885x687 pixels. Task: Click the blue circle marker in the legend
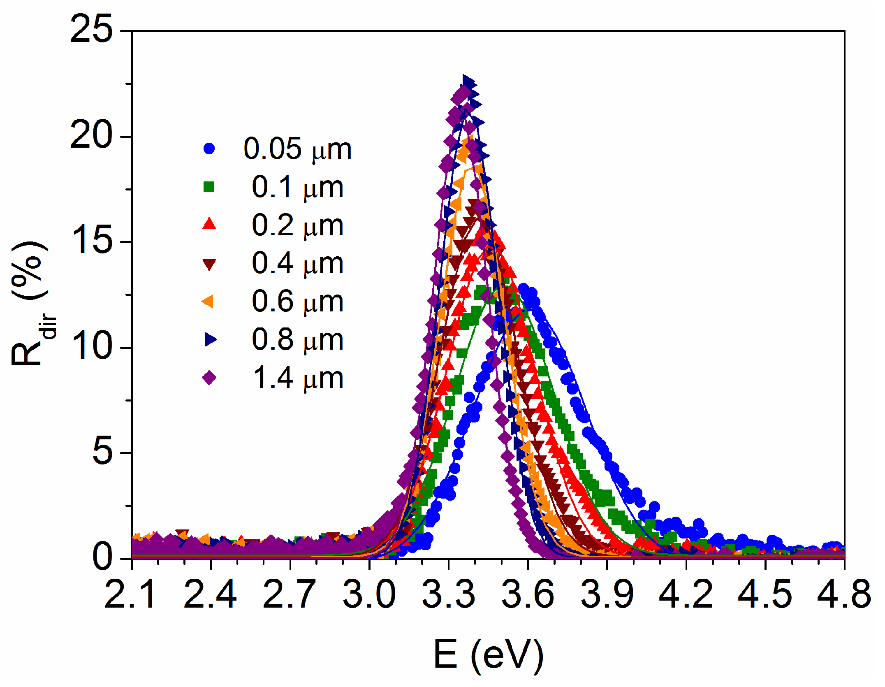coord(209,149)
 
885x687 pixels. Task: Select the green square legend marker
coord(209,187)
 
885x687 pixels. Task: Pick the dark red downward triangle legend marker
coord(209,264)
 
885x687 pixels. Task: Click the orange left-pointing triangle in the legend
coord(208,301)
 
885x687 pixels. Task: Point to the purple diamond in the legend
coord(209,377)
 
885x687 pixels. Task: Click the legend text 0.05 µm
coord(297,149)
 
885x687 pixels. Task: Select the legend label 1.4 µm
coord(297,378)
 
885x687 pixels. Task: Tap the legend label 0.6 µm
coord(297,302)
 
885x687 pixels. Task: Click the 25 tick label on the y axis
coord(91,30)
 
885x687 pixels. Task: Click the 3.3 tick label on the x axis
coord(448,594)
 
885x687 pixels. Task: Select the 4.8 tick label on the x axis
coord(843,594)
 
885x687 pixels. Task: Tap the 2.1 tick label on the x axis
coord(131,594)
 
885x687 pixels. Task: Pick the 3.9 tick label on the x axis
coord(607,594)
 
